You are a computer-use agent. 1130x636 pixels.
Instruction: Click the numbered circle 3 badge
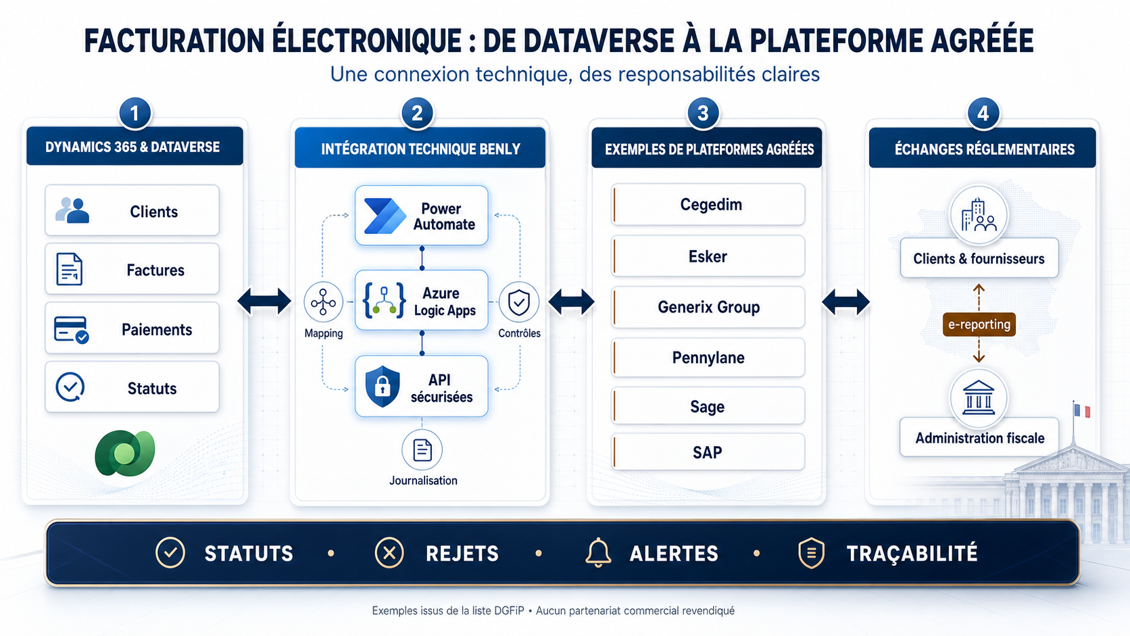click(703, 113)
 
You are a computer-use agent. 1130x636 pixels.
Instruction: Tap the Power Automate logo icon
click(385, 216)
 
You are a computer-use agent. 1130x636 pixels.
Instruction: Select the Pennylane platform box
click(708, 358)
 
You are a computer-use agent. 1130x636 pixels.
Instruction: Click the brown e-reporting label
click(979, 324)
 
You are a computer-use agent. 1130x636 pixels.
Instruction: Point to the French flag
click(1082, 410)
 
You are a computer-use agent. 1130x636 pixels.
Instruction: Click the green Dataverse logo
click(125, 453)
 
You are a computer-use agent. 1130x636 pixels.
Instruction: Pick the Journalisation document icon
click(422, 450)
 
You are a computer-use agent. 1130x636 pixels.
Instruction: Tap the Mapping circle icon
click(323, 303)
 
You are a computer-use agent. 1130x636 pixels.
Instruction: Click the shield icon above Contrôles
click(519, 303)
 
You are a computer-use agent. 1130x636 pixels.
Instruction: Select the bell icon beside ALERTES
click(598, 554)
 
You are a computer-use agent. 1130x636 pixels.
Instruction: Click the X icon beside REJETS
click(389, 554)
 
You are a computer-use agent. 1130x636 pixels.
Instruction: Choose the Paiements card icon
click(71, 330)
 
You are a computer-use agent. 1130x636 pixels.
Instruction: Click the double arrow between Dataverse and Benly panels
click(264, 301)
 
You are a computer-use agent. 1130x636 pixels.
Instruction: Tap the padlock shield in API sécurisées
click(383, 387)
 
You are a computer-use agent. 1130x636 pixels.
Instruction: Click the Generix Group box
click(708, 307)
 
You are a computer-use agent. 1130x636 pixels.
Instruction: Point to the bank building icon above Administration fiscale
click(979, 398)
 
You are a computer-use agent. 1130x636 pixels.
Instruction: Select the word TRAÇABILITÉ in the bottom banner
click(912, 554)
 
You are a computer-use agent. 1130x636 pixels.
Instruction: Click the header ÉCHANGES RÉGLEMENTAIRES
click(984, 149)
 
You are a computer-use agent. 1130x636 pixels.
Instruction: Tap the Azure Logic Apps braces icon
click(385, 301)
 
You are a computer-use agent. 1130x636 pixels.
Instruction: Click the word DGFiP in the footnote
click(509, 611)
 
